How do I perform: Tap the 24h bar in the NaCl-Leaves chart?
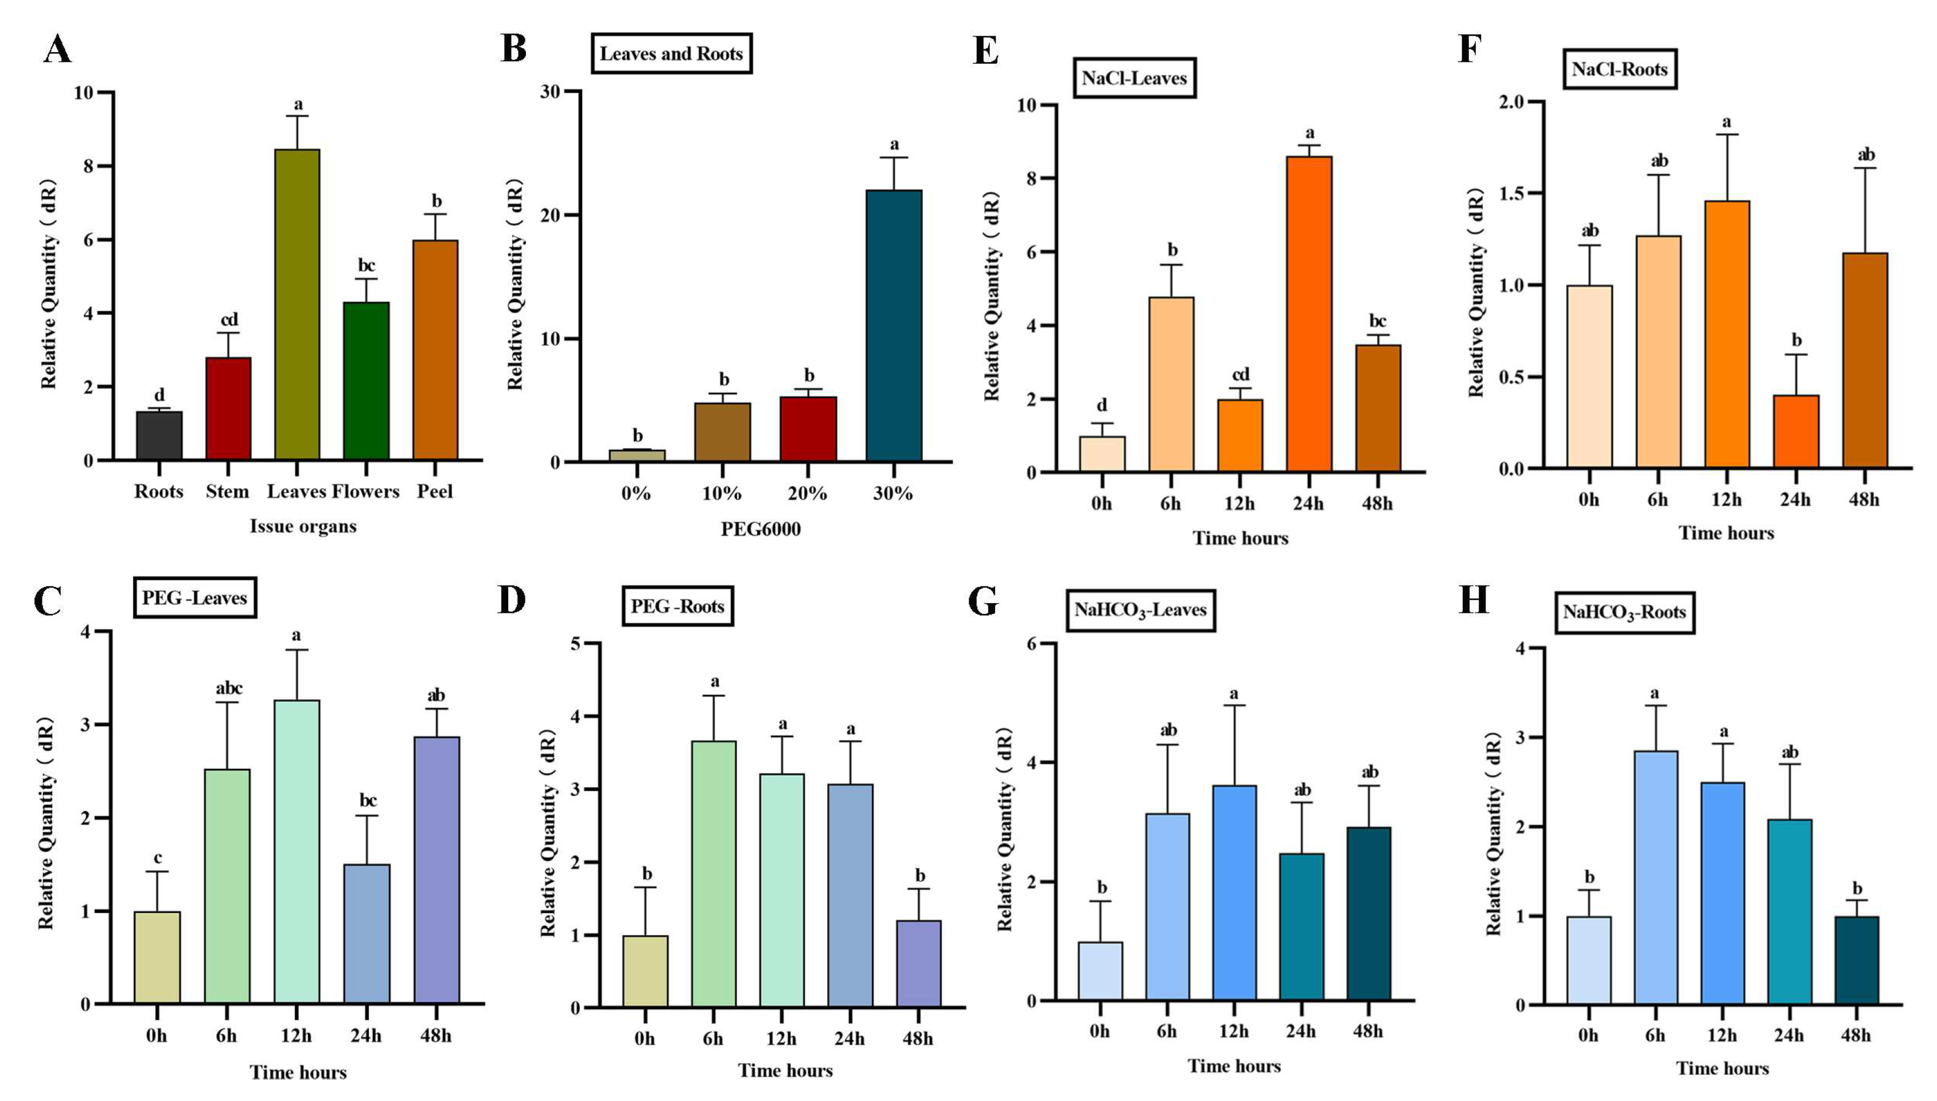coord(1309,314)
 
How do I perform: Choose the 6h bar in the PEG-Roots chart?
coord(714,873)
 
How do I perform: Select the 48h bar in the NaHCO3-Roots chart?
coord(1856,960)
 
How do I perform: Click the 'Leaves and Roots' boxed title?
coord(671,54)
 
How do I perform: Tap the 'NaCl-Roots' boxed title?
coord(1620,69)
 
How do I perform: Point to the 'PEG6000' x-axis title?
coord(761,528)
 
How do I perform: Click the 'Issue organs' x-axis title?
coord(303,526)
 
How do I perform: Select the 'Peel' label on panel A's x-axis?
coord(435,492)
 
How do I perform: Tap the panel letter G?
coord(983,602)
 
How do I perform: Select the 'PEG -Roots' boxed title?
coord(677,606)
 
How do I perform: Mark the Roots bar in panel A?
coord(159,435)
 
